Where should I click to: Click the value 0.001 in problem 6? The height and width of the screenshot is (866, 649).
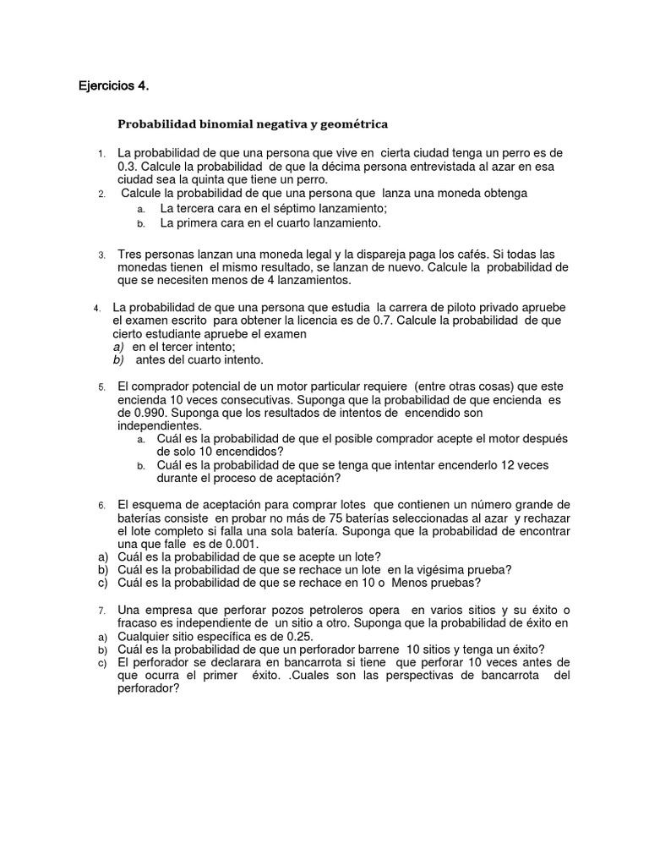pyautogui.click(x=236, y=544)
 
